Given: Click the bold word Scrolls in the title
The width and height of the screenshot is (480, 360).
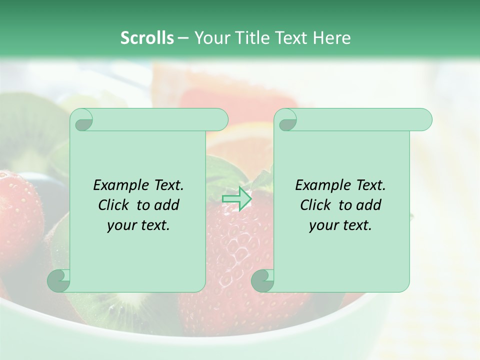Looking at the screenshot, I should coord(147,38).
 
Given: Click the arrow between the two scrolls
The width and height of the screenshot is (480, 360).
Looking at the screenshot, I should coord(237,198).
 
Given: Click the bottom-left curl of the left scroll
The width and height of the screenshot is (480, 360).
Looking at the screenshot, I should coord(59,280).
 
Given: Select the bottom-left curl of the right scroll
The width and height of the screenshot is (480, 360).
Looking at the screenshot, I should coord(262,280).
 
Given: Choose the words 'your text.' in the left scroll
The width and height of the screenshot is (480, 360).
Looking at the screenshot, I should coord(138,225).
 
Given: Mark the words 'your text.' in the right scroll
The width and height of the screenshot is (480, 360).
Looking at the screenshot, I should coord(340,225).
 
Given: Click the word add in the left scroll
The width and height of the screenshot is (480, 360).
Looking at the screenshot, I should coord(166,205).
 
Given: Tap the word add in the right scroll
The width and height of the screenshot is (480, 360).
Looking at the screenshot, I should coord(368,205).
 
